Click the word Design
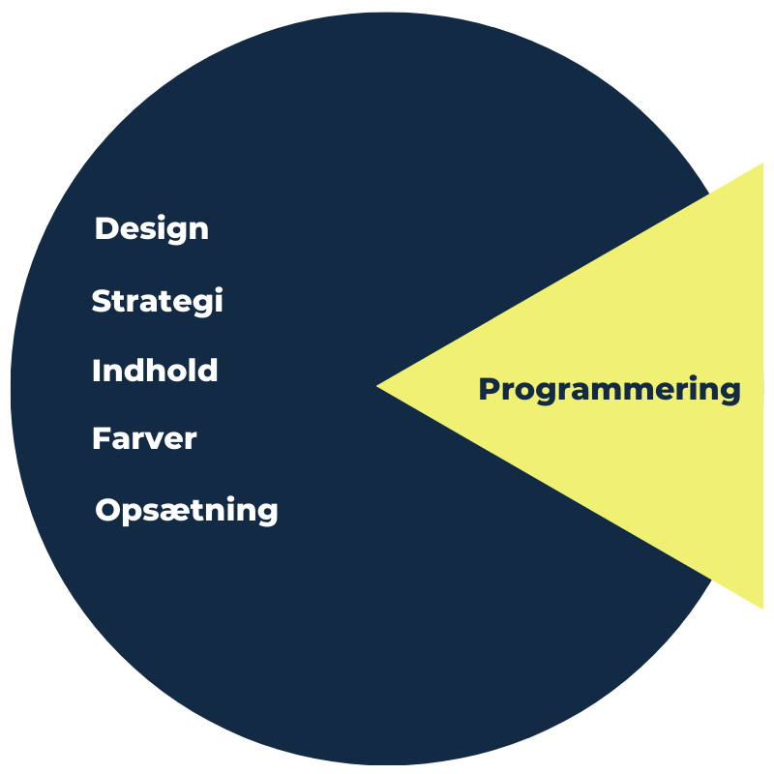(152, 229)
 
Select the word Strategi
(158, 301)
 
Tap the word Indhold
(155, 371)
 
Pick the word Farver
(144, 438)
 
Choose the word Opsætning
(187, 511)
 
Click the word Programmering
(610, 390)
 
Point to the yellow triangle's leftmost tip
(376, 386)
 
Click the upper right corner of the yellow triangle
(763, 164)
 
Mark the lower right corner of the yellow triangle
(763, 609)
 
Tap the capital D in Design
(105, 228)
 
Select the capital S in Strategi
(102, 301)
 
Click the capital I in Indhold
(96, 371)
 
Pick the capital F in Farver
(102, 438)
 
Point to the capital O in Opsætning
(107, 510)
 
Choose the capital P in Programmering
(490, 389)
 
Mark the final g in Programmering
(730, 394)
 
